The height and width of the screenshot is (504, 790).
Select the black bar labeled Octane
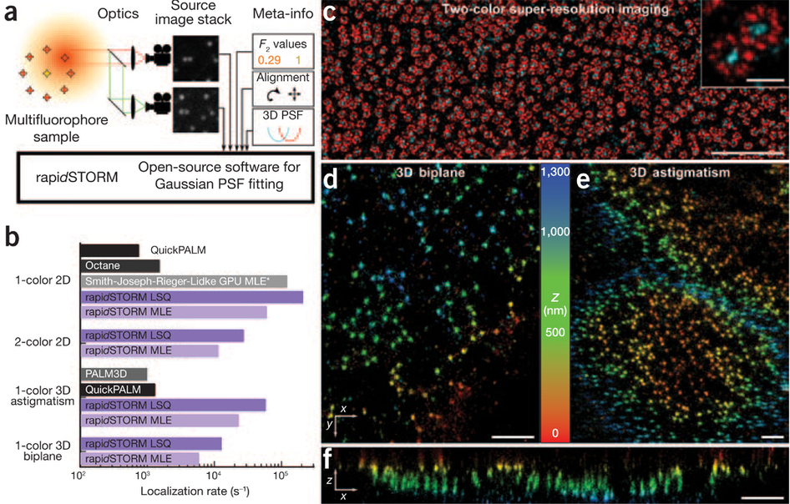[x=119, y=265]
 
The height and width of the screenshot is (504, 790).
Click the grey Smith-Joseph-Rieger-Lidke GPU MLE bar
[x=184, y=281]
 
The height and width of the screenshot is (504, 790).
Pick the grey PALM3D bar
[x=114, y=374]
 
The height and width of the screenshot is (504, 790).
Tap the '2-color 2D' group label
[x=44, y=342]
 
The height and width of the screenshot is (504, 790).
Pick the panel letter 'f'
[x=330, y=459]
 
